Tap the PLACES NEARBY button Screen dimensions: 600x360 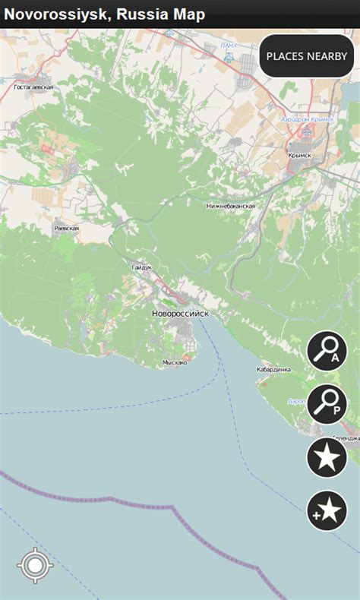[x=306, y=56]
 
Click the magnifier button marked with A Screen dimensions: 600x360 [x=327, y=351]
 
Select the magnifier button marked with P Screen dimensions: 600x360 [x=327, y=404]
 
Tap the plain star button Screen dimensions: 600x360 [x=327, y=458]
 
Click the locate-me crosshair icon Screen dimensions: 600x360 [x=33, y=567]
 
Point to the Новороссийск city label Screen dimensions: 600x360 [x=180, y=314]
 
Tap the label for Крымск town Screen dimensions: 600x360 [x=300, y=154]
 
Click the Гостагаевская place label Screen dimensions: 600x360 [x=33, y=87]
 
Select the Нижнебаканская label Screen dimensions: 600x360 [x=231, y=206]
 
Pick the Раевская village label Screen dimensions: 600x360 [x=66, y=228]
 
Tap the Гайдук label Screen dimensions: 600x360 [x=141, y=267]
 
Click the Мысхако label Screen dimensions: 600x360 [x=174, y=362]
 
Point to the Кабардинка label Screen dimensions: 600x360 [x=273, y=370]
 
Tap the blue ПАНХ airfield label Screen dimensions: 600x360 [x=229, y=46]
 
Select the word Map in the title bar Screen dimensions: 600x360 [x=189, y=14]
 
